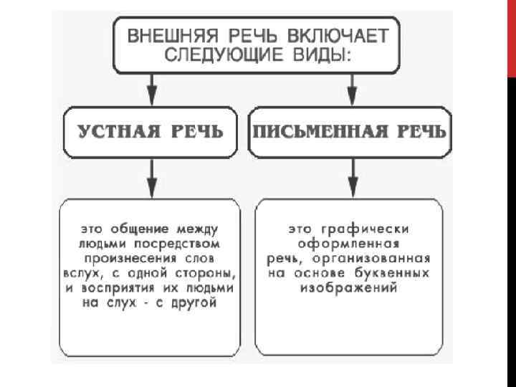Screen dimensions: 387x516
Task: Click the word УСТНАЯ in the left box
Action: [x=119, y=132]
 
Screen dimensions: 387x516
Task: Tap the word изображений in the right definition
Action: [x=349, y=288]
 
